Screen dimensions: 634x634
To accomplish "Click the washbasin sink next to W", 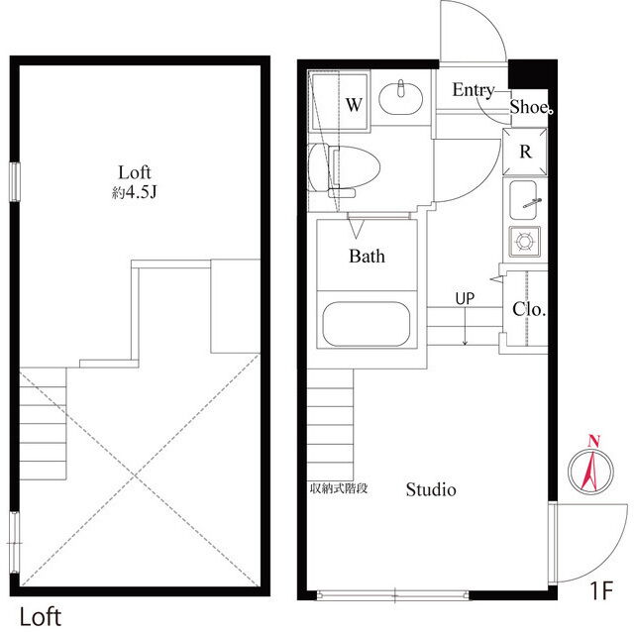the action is [x=400, y=97].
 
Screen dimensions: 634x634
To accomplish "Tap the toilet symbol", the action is [x=344, y=168].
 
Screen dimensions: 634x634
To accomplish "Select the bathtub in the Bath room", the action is [x=367, y=324].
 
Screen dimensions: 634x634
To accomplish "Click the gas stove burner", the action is [x=525, y=242].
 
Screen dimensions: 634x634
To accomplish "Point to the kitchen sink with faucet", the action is [x=524, y=200].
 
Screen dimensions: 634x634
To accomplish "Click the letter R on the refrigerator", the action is [x=525, y=152].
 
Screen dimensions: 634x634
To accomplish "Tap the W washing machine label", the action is [x=354, y=105].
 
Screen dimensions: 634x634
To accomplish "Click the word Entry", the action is [x=474, y=90].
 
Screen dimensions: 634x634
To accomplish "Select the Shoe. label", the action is [x=531, y=107].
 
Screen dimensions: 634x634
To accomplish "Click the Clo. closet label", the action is [x=529, y=310].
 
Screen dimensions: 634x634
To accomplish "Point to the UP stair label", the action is [x=465, y=299].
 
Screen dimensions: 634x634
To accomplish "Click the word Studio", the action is [x=431, y=489].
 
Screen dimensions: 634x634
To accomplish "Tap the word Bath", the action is [x=367, y=257].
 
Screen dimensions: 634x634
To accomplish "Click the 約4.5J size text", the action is [x=135, y=193].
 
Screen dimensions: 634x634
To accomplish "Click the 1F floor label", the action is [x=602, y=590].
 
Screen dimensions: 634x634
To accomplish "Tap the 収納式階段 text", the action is [x=339, y=488].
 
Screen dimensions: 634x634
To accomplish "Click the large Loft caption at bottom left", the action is [x=41, y=617].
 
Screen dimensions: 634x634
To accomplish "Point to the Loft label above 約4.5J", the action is [x=135, y=172].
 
